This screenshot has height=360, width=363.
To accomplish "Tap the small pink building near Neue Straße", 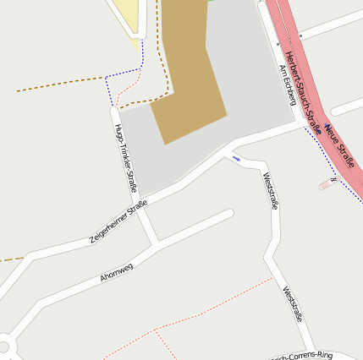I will pyautogui.click(x=326, y=184).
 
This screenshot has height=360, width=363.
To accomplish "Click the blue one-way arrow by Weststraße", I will pyautogui.click(x=236, y=158).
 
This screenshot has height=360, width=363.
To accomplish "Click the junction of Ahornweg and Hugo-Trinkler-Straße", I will pyautogui.click(x=154, y=245).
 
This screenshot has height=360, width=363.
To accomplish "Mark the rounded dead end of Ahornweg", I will pyautogui.click(x=228, y=214).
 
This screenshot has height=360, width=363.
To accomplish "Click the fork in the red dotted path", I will pyautogui.click(x=156, y=330).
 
